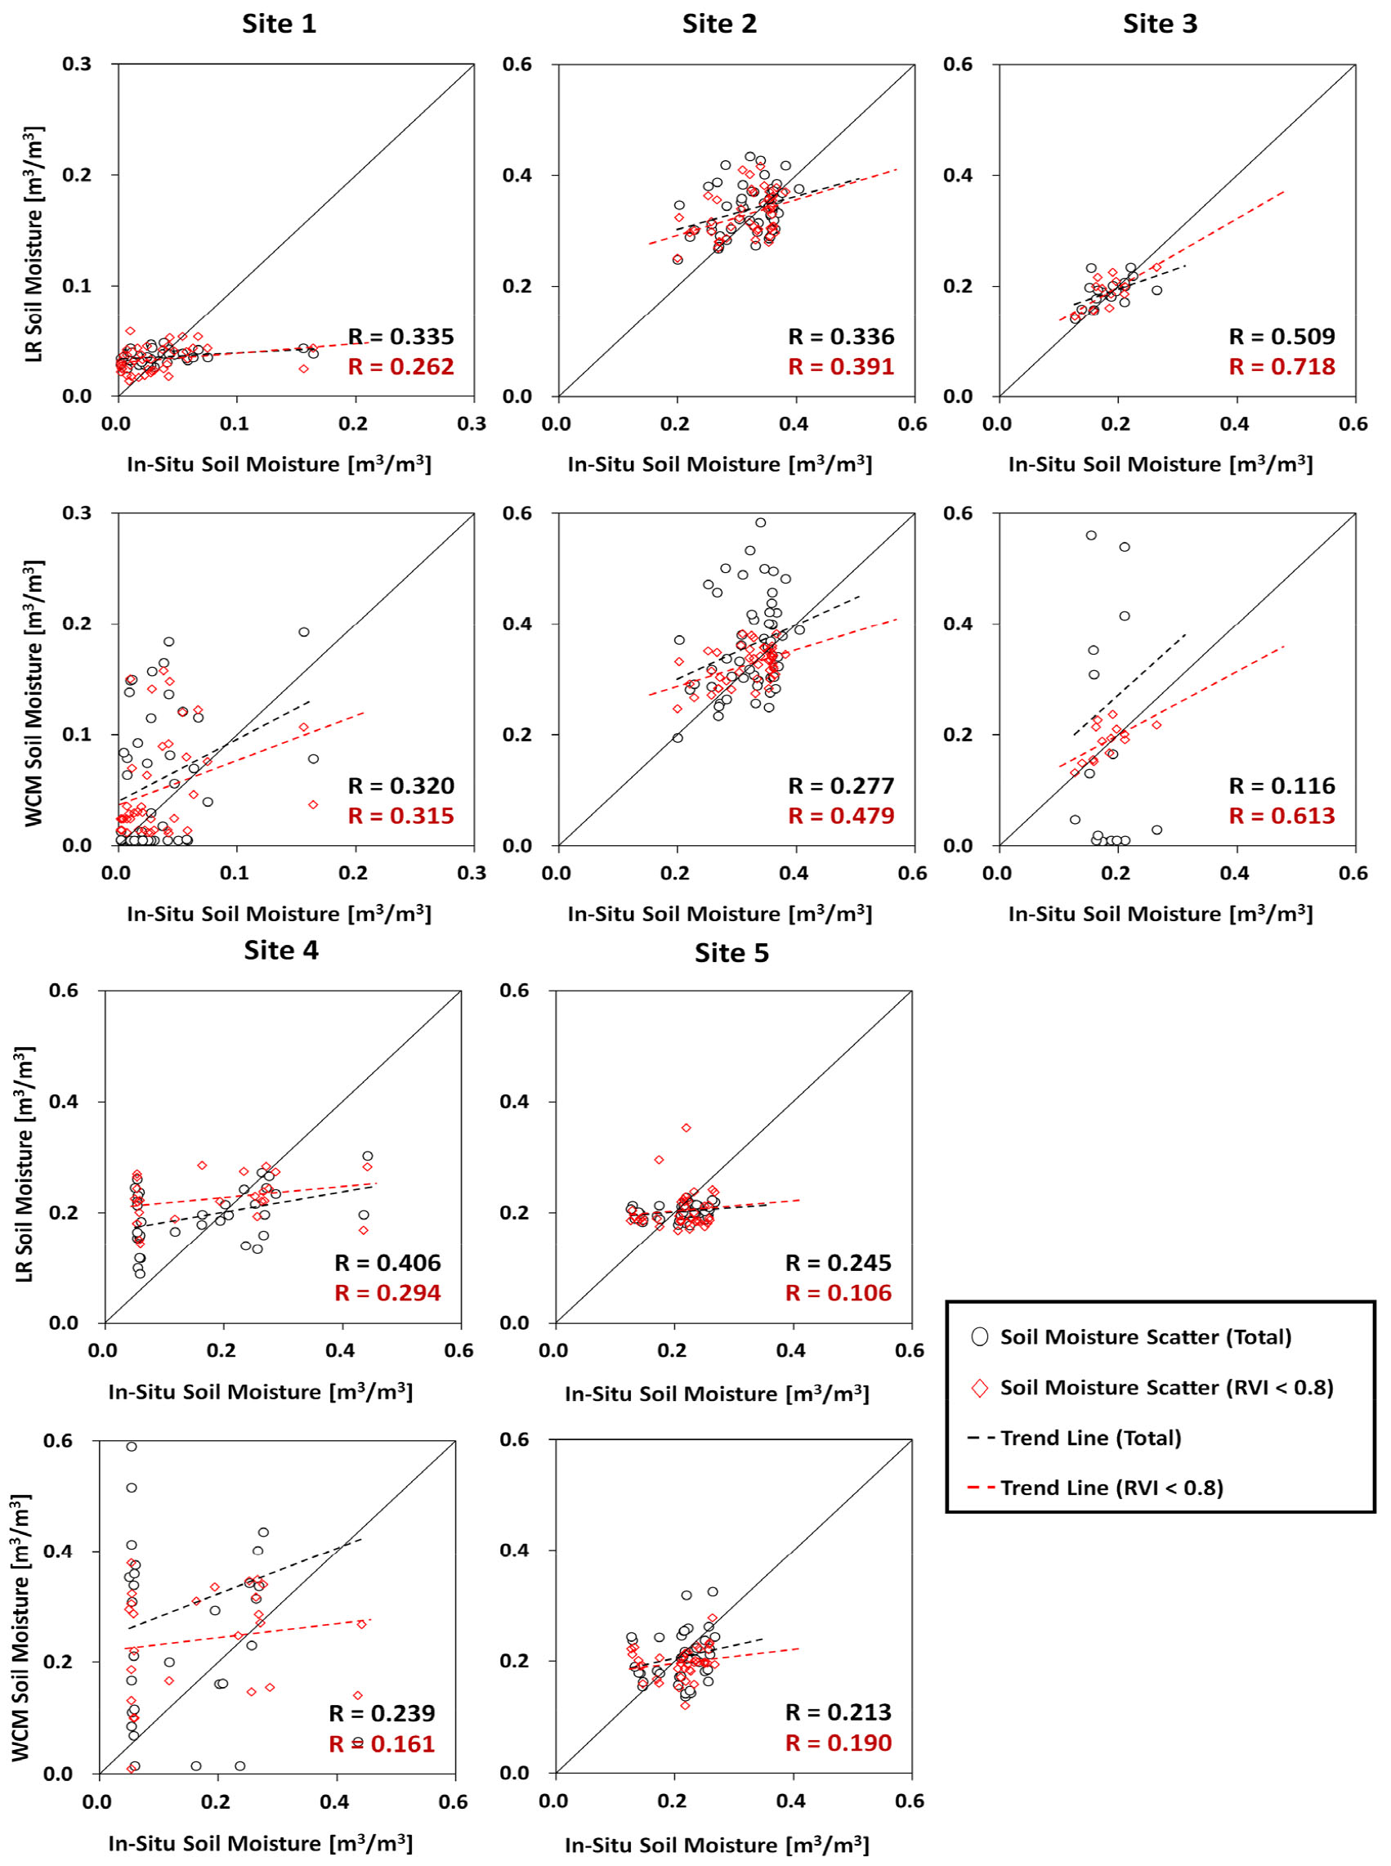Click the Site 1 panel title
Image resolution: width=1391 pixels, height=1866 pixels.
tap(279, 24)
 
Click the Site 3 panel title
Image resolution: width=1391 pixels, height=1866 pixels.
tap(1159, 24)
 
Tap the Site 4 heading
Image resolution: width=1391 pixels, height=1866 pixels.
tap(280, 950)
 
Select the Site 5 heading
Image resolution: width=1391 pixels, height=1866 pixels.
tap(731, 952)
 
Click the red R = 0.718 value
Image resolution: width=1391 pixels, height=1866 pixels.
tap(1281, 366)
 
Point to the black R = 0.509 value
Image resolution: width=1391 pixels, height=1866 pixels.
tap(1281, 337)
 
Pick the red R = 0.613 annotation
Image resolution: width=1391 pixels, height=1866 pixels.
tap(1281, 815)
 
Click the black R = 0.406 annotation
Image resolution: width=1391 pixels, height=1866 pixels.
tap(387, 1262)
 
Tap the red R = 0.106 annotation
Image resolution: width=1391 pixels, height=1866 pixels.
tap(838, 1292)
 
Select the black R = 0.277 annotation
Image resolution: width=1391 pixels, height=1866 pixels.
tap(840, 785)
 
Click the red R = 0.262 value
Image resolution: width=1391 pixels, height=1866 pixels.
tap(400, 366)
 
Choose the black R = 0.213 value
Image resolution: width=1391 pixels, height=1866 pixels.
tap(838, 1712)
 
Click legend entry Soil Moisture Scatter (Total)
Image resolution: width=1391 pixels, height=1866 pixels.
tap(1145, 1336)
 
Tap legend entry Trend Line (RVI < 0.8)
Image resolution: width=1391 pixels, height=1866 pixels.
tap(1111, 1488)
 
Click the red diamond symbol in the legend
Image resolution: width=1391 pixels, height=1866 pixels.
tap(979, 1388)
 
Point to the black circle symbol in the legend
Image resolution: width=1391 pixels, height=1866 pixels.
tap(979, 1336)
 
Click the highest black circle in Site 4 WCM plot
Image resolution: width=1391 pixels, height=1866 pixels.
tap(132, 1447)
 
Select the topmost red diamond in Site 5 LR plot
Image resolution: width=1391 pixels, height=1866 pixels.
tap(687, 1127)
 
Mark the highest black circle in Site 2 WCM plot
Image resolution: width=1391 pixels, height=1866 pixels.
tap(760, 522)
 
